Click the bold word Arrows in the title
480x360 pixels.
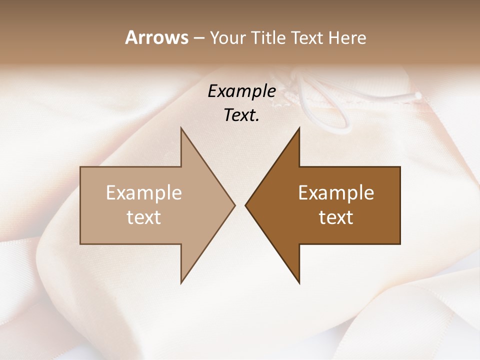pyautogui.click(x=156, y=37)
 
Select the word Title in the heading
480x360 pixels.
pyautogui.click(x=268, y=38)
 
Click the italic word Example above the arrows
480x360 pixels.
pyautogui.click(x=241, y=91)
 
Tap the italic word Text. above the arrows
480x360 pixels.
pyautogui.click(x=241, y=115)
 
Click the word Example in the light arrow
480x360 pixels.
pyautogui.click(x=144, y=193)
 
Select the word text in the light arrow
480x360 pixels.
pyautogui.click(x=144, y=217)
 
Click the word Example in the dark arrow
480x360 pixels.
pyautogui.click(x=336, y=193)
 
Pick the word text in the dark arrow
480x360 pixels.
pyautogui.click(x=336, y=217)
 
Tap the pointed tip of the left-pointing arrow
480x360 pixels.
pyautogui.click(x=246, y=205)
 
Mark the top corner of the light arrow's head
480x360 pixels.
pyautogui.click(x=181, y=128)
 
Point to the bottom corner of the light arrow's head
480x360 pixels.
pyautogui.click(x=181, y=282)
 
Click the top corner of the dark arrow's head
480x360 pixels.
pyautogui.click(x=299, y=128)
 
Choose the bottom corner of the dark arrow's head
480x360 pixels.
pyautogui.click(x=299, y=282)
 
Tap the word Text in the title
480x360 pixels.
pyautogui.click(x=305, y=38)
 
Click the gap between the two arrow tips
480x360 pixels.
pyautogui.click(x=240, y=205)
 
